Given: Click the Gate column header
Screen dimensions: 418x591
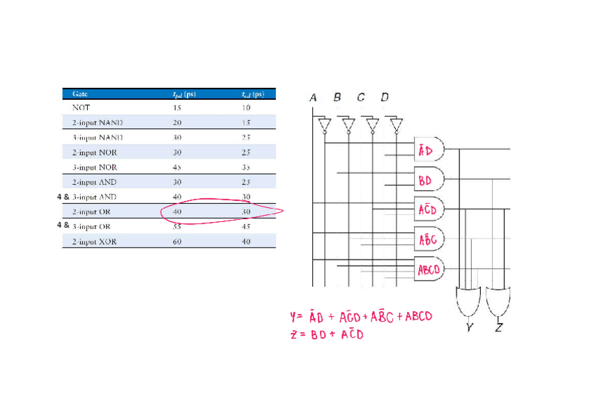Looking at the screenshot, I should [x=80, y=94].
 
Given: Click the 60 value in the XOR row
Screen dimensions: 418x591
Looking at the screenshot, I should [x=177, y=241].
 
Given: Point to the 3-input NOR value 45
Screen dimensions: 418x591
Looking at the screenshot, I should [x=177, y=167].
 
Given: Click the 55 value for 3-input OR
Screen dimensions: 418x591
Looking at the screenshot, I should [x=177, y=227].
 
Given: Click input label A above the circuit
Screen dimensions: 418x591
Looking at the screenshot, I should [x=313, y=98].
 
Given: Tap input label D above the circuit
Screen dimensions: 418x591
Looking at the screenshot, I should [x=385, y=98].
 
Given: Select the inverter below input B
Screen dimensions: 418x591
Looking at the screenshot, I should [x=348, y=126].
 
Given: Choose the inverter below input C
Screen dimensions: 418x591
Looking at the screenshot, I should [x=372, y=126].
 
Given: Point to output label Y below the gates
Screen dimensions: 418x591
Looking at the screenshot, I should [x=470, y=328].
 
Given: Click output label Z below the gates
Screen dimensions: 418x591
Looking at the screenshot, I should [x=499, y=328].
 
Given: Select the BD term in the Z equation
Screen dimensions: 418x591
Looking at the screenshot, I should [x=318, y=335].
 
